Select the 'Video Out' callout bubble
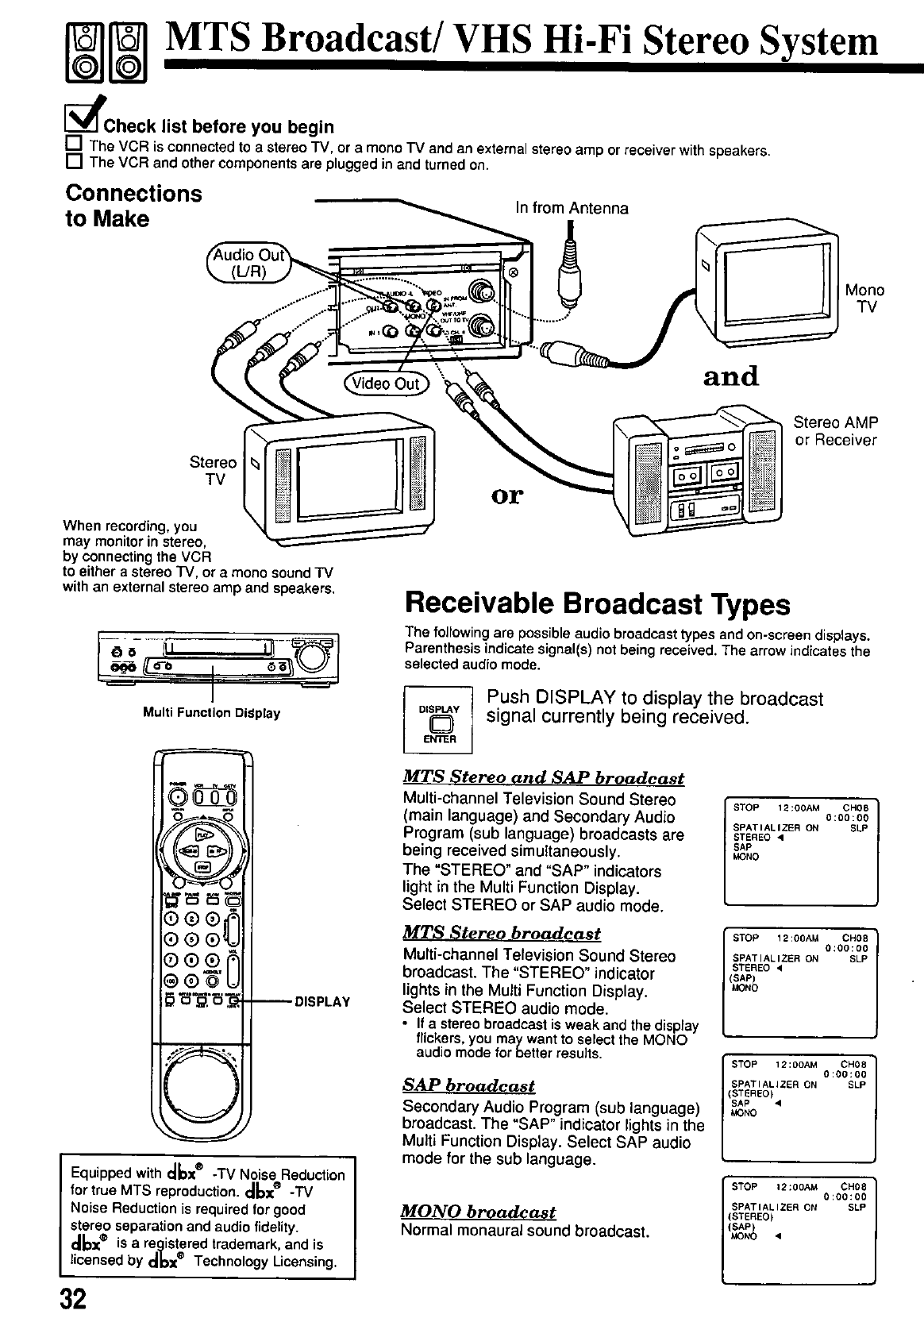coord(386,383)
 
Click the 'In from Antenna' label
coord(572,208)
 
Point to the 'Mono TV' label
coord(864,299)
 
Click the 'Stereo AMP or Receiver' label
coord(836,431)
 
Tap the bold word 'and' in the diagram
coord(730,376)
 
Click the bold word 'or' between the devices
coord(508,495)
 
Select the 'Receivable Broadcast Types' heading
coord(597,604)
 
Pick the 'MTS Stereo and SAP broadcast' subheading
coord(544,778)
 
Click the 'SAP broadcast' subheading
coord(468,1085)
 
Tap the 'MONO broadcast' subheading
coord(479,1212)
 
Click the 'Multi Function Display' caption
coord(211,713)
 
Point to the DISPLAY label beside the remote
coord(322,1002)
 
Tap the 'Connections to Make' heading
coord(133,206)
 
